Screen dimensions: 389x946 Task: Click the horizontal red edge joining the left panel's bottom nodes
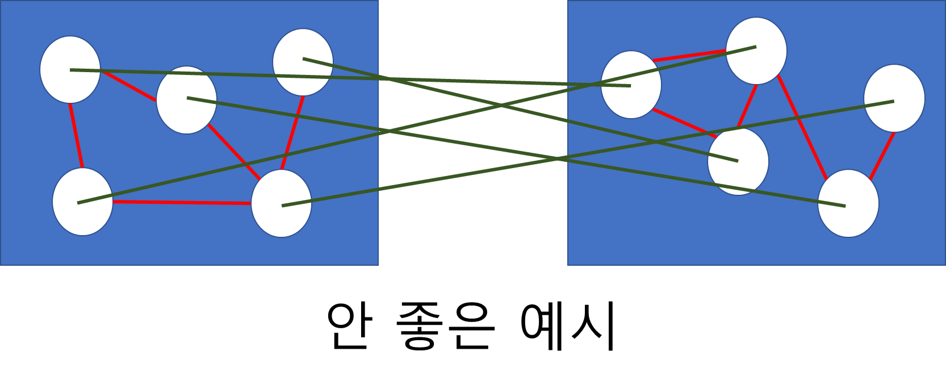pos(182,202)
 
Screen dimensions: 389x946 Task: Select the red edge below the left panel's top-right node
pos(292,133)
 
